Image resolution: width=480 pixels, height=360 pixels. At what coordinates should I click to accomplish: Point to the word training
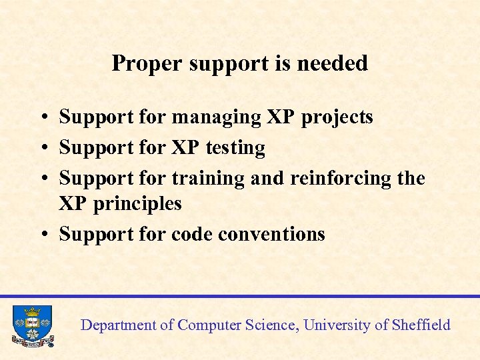pos(208,178)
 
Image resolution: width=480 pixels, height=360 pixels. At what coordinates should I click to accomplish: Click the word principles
pos(137,203)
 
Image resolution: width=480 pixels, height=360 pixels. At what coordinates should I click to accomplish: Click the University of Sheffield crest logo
pos(31,325)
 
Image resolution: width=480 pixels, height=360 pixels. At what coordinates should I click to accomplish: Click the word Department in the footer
pos(117,325)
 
